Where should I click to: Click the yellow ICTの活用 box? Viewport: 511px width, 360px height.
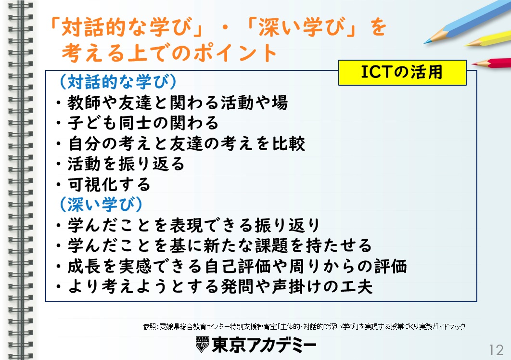click(x=402, y=72)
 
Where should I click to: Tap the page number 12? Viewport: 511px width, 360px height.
click(x=496, y=350)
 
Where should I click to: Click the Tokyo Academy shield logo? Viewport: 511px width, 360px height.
click(x=202, y=344)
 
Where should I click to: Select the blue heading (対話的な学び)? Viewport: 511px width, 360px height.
click(x=118, y=81)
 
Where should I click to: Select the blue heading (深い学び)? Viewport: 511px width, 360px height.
click(x=101, y=204)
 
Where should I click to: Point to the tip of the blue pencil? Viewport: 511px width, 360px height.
click(x=424, y=43)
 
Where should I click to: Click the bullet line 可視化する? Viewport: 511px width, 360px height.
click(x=103, y=184)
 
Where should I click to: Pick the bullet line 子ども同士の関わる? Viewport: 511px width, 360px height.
click(x=137, y=123)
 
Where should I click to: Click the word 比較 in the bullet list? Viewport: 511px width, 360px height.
click(x=288, y=143)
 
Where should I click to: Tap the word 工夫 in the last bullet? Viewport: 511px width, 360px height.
click(x=356, y=287)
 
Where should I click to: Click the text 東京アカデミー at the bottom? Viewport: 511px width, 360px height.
click(x=264, y=345)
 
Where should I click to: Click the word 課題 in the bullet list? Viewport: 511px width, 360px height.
click(x=272, y=245)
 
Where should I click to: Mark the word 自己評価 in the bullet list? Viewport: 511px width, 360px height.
click(x=238, y=267)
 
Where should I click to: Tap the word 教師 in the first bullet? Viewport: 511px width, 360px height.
click(x=84, y=103)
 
